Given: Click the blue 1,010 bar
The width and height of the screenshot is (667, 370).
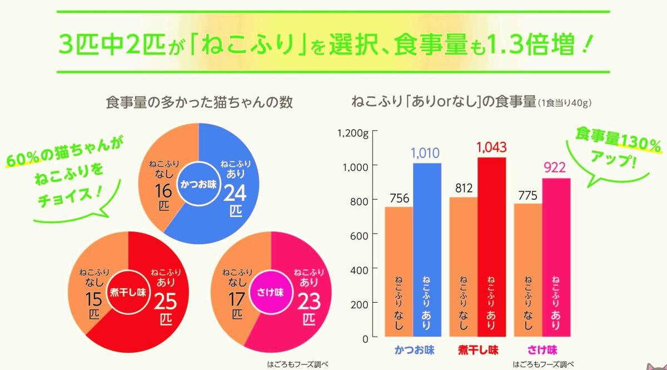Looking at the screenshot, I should [427, 250].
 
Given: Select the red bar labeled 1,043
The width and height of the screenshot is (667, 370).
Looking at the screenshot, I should [491, 248].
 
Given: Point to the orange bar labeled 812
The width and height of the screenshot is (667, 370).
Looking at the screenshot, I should [464, 267].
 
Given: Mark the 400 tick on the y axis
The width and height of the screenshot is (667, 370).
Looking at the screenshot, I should [361, 270].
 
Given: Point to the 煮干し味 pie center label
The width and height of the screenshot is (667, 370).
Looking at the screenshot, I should [128, 292].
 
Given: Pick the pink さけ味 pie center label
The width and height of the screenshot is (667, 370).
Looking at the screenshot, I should [270, 292].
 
